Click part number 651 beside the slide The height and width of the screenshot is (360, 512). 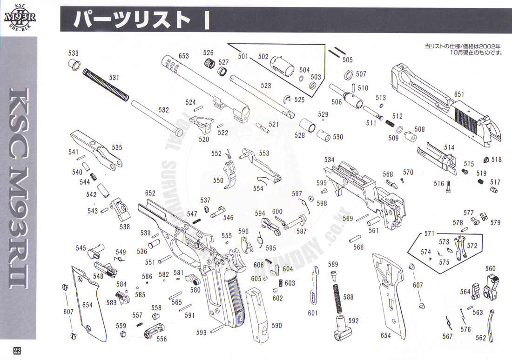[459, 94]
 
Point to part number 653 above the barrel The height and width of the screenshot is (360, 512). [183, 56]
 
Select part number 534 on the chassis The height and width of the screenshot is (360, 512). [329, 160]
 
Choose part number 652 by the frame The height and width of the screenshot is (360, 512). [150, 193]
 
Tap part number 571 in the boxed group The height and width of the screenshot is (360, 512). [429, 233]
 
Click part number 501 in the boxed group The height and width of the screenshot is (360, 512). [243, 56]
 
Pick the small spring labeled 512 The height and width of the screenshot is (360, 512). [390, 122]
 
